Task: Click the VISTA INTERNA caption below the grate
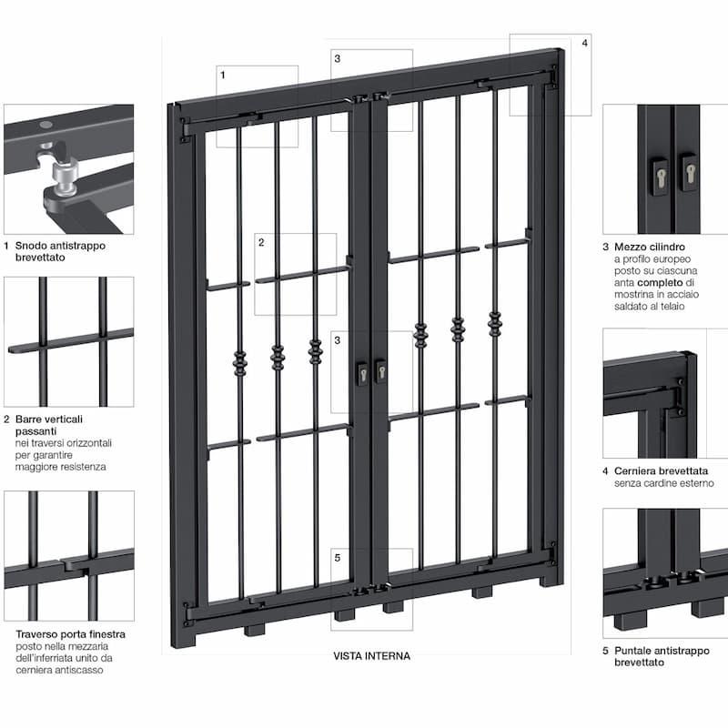371,656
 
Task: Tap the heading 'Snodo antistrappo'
60,246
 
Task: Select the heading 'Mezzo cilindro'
650,247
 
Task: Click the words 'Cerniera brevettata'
662,471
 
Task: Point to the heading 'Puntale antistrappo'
662,651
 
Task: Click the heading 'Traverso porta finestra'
71,634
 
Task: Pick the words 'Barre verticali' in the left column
49,420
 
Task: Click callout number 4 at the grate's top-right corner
584,43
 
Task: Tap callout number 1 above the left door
223,75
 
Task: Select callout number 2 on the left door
261,242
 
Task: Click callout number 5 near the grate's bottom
338,558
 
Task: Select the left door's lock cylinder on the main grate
362,374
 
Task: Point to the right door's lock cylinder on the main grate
381,371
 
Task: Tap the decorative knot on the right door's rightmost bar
495,323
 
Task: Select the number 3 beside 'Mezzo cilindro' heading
605,247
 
